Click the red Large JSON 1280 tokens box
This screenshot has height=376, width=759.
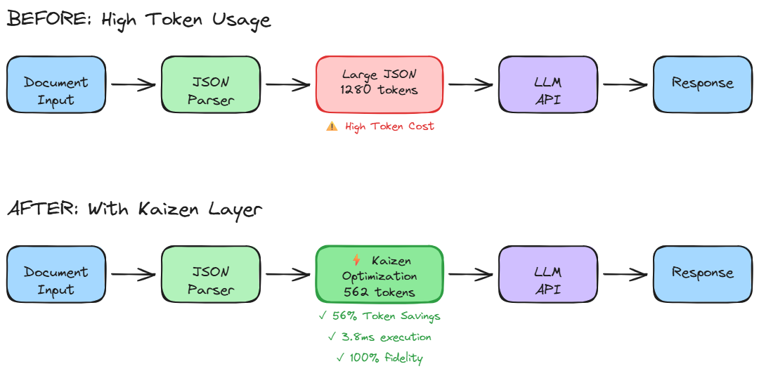(x=379, y=84)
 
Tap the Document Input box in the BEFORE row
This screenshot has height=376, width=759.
(x=56, y=84)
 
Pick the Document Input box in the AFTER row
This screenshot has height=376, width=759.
(x=56, y=274)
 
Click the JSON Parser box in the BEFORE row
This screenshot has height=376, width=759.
(x=211, y=84)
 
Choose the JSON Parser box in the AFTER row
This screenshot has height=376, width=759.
(x=211, y=274)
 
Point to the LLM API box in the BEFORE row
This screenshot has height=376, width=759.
(x=547, y=84)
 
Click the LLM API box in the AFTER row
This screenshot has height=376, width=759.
(x=547, y=274)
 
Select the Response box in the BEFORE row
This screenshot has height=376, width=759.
(x=702, y=84)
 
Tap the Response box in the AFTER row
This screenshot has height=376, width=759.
(x=702, y=273)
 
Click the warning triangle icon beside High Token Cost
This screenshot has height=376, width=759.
(x=332, y=127)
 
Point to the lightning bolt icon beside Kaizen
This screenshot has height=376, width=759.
(x=356, y=260)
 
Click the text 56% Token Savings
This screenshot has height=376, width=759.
(x=379, y=316)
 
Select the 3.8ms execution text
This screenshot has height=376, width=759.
(x=379, y=337)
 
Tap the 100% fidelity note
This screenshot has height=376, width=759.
(x=379, y=358)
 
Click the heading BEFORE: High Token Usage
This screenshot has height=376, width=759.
(x=138, y=19)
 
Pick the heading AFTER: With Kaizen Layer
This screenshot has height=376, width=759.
(x=135, y=209)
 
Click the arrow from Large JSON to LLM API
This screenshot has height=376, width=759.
(x=471, y=85)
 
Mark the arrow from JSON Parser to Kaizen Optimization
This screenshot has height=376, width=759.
(x=288, y=275)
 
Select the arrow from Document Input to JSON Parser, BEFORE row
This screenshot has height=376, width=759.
(x=134, y=85)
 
